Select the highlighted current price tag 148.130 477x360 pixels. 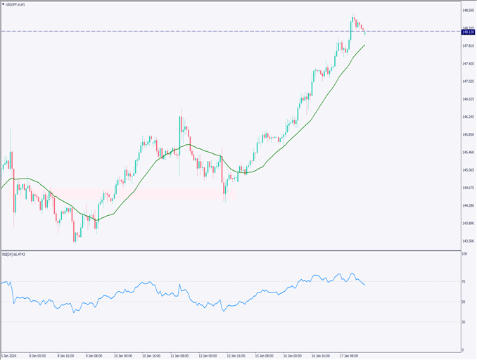pos(468,31)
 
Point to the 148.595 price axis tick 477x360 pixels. pos(468,11)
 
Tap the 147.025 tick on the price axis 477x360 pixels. pos(468,82)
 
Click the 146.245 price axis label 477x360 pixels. pos(468,117)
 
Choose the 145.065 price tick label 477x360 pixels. pos(468,170)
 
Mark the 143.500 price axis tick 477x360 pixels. pos(468,241)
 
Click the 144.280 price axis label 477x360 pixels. pos(468,205)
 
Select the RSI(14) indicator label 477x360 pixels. pos(15,255)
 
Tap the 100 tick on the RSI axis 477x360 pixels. pos(464,254)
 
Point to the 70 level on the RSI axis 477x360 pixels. pos(464,282)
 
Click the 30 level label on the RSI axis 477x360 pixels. pos(464,321)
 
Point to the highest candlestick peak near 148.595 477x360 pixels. pos(352,15)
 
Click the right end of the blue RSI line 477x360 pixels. pos(364,284)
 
